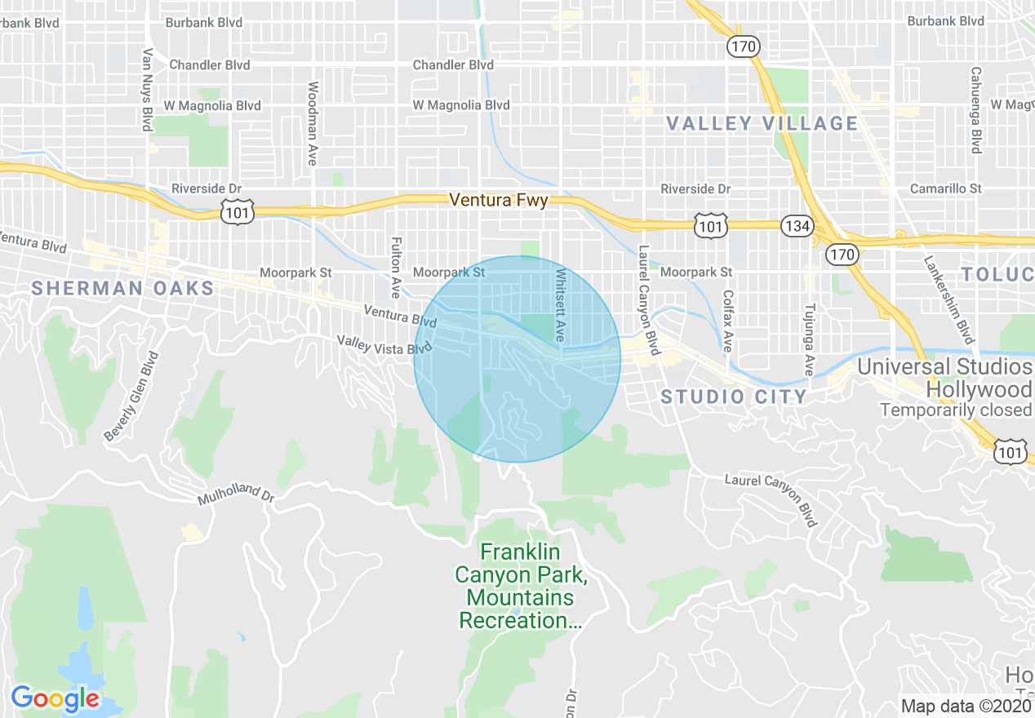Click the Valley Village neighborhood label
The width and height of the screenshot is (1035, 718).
tap(762, 124)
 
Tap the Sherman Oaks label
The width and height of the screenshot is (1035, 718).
tap(122, 288)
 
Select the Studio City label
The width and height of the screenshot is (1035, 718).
tap(734, 397)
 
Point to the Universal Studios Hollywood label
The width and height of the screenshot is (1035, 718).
tap(944, 379)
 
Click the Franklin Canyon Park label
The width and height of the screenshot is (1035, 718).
tap(522, 586)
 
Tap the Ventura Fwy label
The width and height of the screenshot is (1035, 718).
tap(499, 199)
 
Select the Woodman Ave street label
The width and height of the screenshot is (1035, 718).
tap(312, 124)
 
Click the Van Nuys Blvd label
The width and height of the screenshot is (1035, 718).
tap(148, 90)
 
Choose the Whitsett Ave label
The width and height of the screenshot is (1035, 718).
tap(560, 304)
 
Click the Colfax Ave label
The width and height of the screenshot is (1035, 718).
tap(728, 319)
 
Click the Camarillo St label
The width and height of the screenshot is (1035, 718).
tap(946, 188)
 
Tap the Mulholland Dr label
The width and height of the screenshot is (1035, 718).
tap(235, 494)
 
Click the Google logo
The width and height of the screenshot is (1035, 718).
tap(55, 698)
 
